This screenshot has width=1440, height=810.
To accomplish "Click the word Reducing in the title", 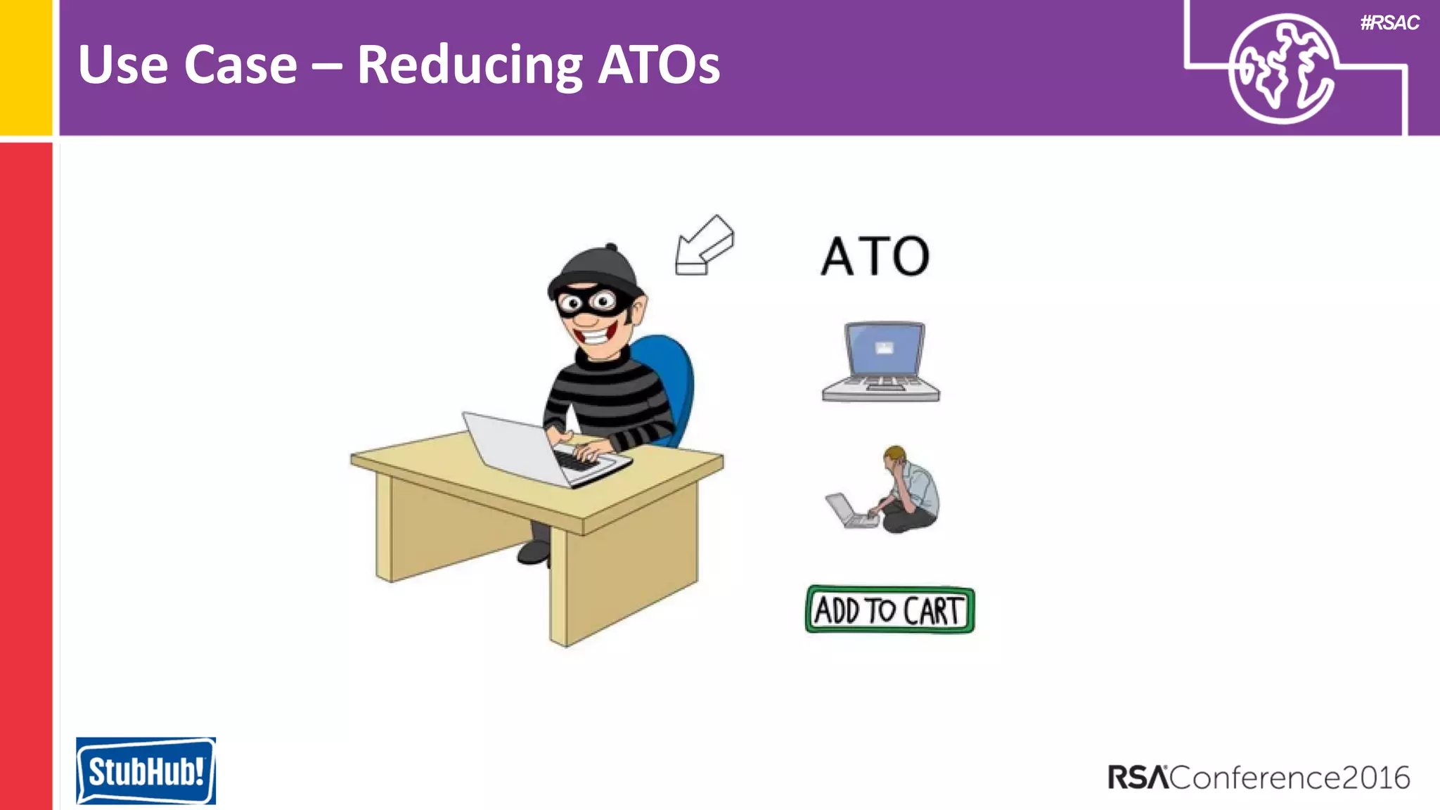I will [x=470, y=65].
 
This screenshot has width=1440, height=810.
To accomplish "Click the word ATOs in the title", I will [x=659, y=65].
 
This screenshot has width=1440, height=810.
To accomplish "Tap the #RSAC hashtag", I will [x=1389, y=23].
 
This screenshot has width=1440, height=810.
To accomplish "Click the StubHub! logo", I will [x=146, y=771].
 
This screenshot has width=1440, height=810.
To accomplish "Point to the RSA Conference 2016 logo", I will [x=1259, y=778].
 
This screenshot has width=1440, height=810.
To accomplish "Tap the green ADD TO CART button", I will [x=889, y=610].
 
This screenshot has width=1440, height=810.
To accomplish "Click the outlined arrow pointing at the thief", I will [x=704, y=245].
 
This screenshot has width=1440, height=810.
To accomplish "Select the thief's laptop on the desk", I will [x=534, y=450].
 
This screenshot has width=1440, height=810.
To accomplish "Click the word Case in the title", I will [x=240, y=65].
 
